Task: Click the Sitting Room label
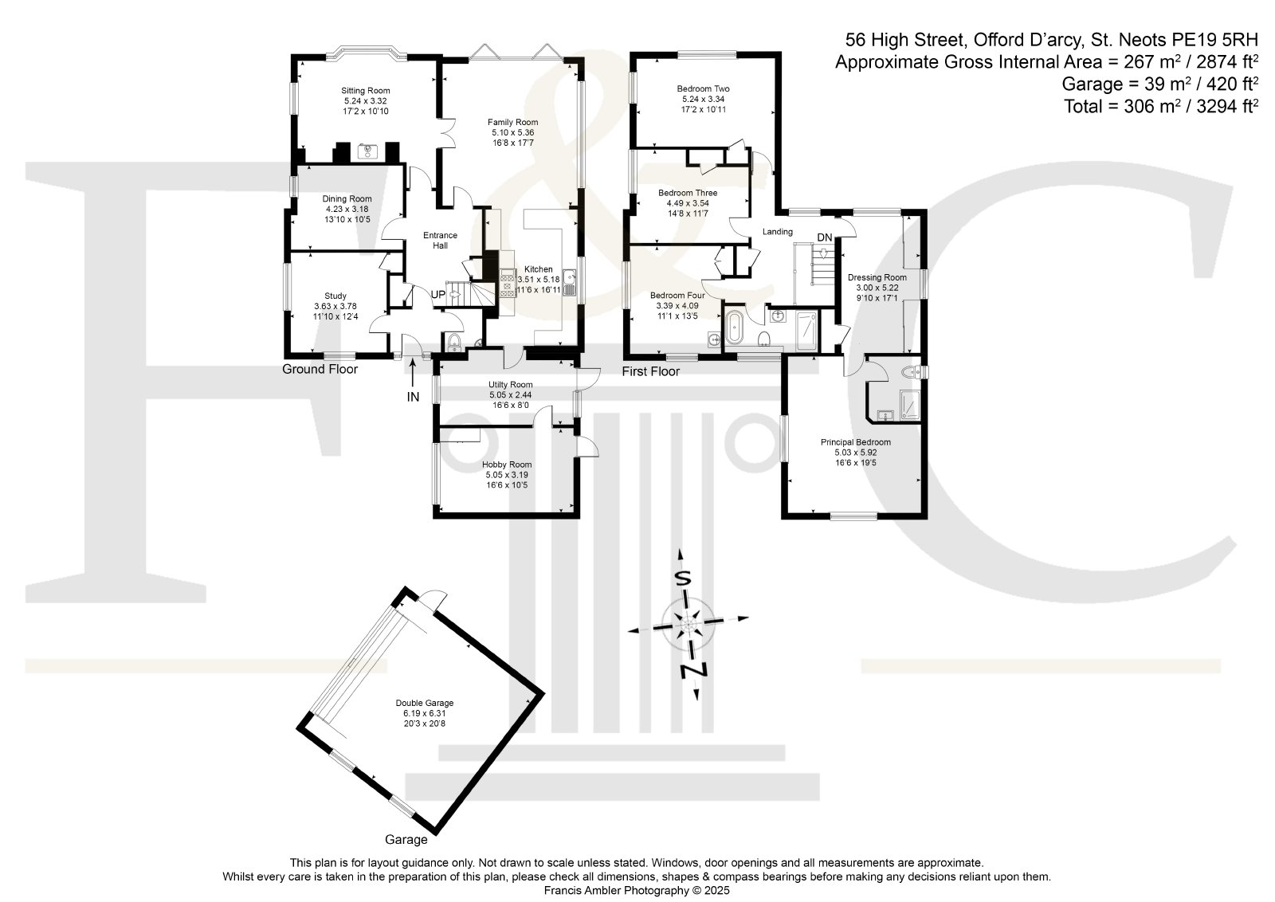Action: pyautogui.click(x=366, y=91)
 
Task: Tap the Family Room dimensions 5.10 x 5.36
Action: pyautogui.click(x=513, y=132)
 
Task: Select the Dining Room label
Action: pyautogui.click(x=347, y=198)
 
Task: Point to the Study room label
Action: pyautogui.click(x=335, y=296)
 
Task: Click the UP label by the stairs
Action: pyautogui.click(x=437, y=295)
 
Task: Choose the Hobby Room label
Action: pyautogui.click(x=507, y=465)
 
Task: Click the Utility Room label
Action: pyautogui.click(x=510, y=385)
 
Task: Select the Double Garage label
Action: pyautogui.click(x=425, y=703)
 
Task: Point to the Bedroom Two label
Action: pyautogui.click(x=703, y=88)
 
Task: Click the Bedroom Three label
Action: pyautogui.click(x=688, y=193)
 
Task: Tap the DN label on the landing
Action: pyautogui.click(x=824, y=237)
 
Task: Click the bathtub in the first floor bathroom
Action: pyautogui.click(x=733, y=327)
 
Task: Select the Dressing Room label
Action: pyautogui.click(x=877, y=278)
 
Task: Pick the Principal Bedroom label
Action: pyautogui.click(x=856, y=442)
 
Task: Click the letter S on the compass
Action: pyautogui.click(x=682, y=578)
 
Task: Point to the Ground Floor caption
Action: pyautogui.click(x=320, y=370)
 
